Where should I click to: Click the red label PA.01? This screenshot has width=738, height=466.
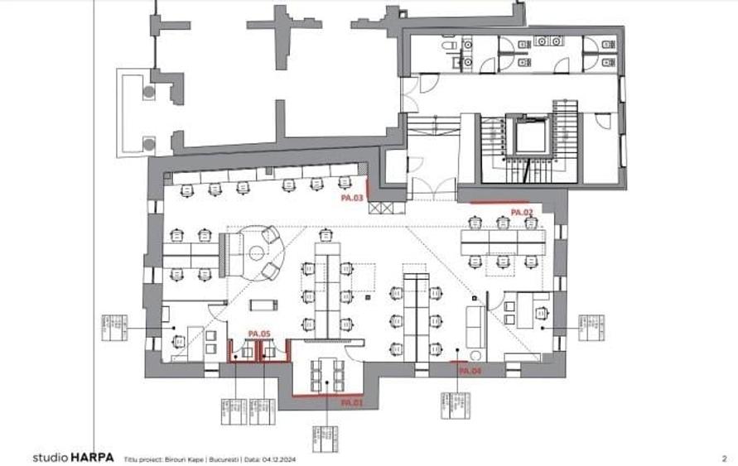pyautogui.click(x=351, y=402)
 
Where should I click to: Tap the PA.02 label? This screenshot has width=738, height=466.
pyautogui.click(x=521, y=213)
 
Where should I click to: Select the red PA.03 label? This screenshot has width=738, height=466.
pyautogui.click(x=352, y=199)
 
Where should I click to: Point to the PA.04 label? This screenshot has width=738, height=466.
pyautogui.click(x=470, y=372)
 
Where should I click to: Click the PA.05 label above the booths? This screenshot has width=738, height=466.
pyautogui.click(x=259, y=334)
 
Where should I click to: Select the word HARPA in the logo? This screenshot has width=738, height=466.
pyautogui.click(x=91, y=457)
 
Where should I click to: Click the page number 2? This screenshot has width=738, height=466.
pyautogui.click(x=724, y=457)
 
